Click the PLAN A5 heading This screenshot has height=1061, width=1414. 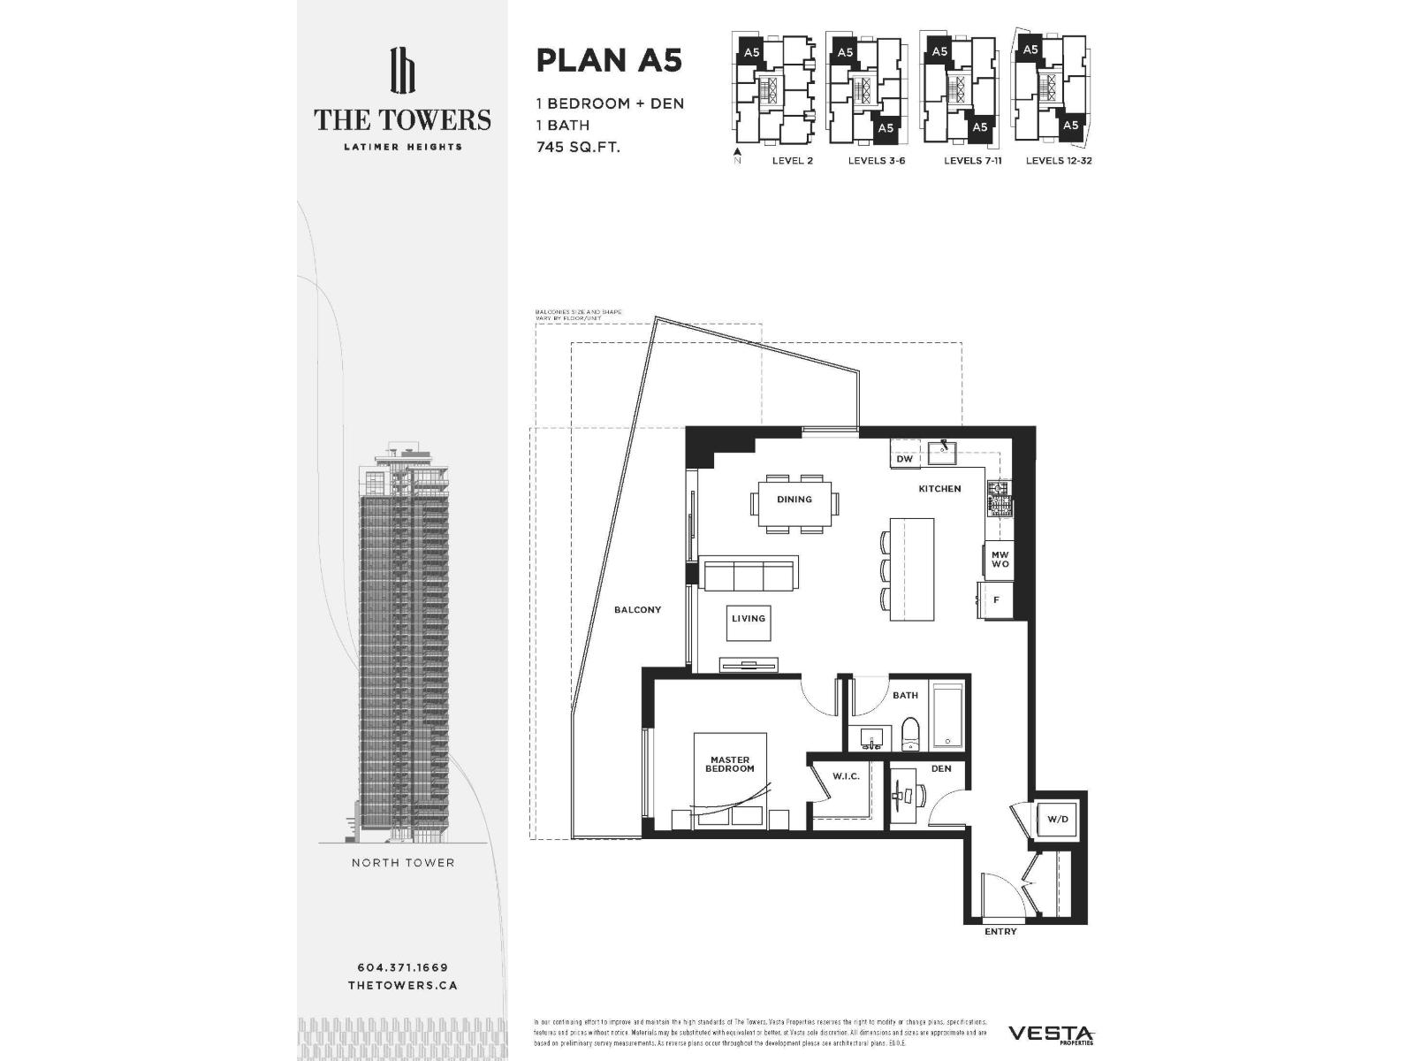609,61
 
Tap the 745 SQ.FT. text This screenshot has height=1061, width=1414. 578,147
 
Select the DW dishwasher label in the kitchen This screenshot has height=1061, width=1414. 904,460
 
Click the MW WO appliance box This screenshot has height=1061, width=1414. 1000,560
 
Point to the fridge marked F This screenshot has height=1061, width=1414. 996,600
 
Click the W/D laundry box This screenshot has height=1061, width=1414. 1058,820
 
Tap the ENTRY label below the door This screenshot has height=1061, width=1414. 1000,932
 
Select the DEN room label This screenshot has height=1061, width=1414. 941,768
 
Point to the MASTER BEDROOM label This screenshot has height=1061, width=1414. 729,764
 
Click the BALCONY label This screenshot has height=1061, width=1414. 637,610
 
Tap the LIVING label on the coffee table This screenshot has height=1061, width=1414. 748,619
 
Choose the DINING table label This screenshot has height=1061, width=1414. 794,500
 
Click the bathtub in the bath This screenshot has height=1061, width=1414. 948,714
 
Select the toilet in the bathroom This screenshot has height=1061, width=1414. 911,734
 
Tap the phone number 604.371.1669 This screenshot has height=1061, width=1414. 402,967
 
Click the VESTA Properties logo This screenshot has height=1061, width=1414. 1052,1034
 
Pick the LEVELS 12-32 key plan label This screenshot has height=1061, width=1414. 1059,161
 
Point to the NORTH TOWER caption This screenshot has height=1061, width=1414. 403,863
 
